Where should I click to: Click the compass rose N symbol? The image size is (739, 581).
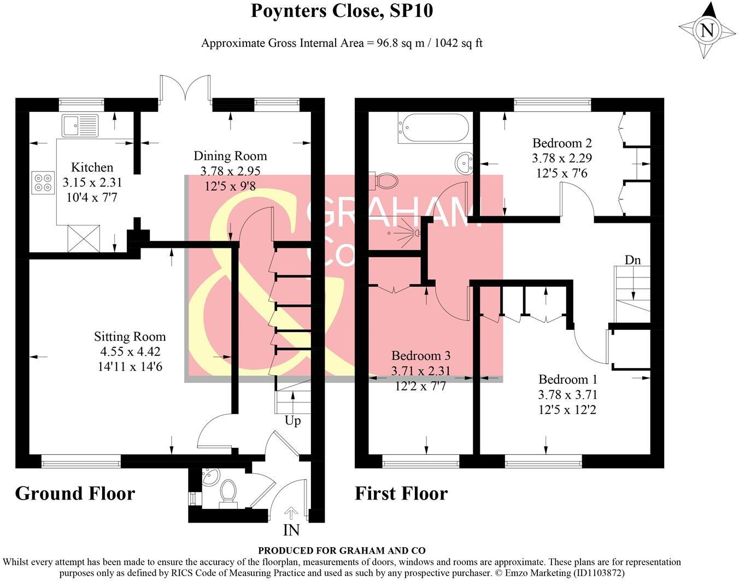(x=707, y=30)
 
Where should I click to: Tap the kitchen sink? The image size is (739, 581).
(x=80, y=126)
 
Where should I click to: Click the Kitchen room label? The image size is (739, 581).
(x=92, y=167)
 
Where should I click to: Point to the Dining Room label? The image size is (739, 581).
(x=230, y=156)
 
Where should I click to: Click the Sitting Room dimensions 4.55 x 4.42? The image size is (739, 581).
(x=130, y=352)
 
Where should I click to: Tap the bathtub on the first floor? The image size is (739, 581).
(x=433, y=127)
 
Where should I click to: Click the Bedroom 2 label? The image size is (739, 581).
(x=562, y=143)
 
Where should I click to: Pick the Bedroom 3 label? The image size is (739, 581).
(x=421, y=356)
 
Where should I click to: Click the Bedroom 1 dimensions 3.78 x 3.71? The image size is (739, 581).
(x=568, y=394)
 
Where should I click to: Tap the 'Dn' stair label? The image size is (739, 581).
(x=632, y=260)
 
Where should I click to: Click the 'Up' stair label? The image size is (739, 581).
(x=292, y=421)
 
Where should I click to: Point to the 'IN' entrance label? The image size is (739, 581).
(x=291, y=530)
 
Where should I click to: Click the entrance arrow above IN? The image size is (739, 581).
(x=291, y=513)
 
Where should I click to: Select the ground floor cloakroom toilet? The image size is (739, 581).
(x=228, y=491)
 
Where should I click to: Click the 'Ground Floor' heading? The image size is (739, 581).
(x=75, y=493)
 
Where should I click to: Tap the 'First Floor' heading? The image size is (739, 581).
(x=401, y=493)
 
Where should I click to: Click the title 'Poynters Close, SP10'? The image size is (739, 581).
(x=342, y=10)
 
